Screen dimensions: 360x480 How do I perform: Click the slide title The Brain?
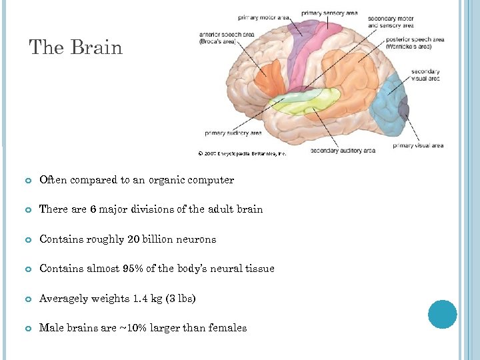coord(76,48)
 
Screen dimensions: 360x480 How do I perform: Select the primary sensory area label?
coord(329,13)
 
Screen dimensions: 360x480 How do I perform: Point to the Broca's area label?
coord(217,39)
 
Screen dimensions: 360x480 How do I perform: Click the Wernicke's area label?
coord(414,43)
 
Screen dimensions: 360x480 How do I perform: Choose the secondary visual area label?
coord(425,75)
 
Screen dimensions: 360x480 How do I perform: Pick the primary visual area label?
coord(418,145)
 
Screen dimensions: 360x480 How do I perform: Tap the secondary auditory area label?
coord(343,151)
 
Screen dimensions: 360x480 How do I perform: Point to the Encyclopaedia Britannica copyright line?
coord(242,153)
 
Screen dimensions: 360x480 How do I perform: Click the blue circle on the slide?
coord(442,314)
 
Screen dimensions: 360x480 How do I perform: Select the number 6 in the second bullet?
coord(93,209)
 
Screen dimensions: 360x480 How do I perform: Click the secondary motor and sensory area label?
coord(390,22)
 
